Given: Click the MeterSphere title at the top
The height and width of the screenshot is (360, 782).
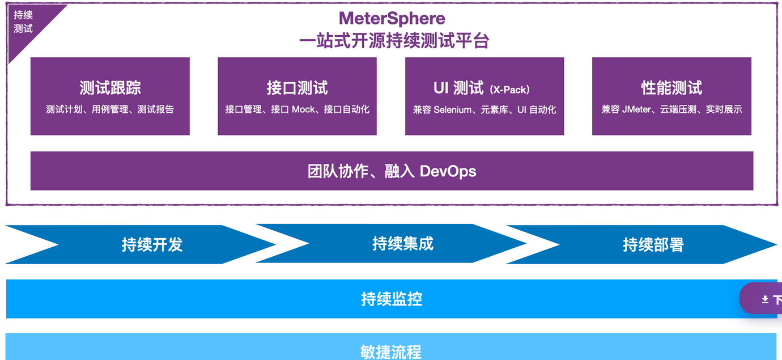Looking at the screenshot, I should (392, 18).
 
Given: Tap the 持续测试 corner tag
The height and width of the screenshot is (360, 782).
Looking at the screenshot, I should (23, 22).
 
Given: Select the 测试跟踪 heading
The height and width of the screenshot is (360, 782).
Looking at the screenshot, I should (110, 88).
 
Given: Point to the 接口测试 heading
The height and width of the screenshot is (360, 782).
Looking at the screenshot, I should (297, 88).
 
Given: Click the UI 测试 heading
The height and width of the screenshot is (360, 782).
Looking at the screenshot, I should (458, 88).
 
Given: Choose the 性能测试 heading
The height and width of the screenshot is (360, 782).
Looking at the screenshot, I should (671, 88).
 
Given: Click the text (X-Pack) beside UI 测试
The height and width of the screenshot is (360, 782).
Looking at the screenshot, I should (510, 90).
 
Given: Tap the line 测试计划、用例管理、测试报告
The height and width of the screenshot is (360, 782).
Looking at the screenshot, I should (110, 109).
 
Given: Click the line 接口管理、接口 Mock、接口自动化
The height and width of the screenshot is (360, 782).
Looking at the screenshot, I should (297, 109).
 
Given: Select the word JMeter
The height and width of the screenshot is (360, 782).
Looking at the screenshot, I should (636, 109).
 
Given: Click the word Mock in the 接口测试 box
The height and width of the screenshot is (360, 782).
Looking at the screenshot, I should (303, 109).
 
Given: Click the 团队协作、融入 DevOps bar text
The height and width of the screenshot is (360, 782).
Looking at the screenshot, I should (392, 171).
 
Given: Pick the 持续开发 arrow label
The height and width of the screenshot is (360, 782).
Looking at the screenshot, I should (152, 244).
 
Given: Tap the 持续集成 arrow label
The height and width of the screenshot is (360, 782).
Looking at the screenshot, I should (402, 244).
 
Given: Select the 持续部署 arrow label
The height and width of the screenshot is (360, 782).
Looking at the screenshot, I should (653, 244).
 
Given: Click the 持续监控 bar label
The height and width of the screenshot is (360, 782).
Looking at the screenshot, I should (392, 299).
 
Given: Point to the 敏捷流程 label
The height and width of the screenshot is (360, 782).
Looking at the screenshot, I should (391, 351).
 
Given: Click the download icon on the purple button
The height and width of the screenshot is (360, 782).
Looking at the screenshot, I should (765, 299).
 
